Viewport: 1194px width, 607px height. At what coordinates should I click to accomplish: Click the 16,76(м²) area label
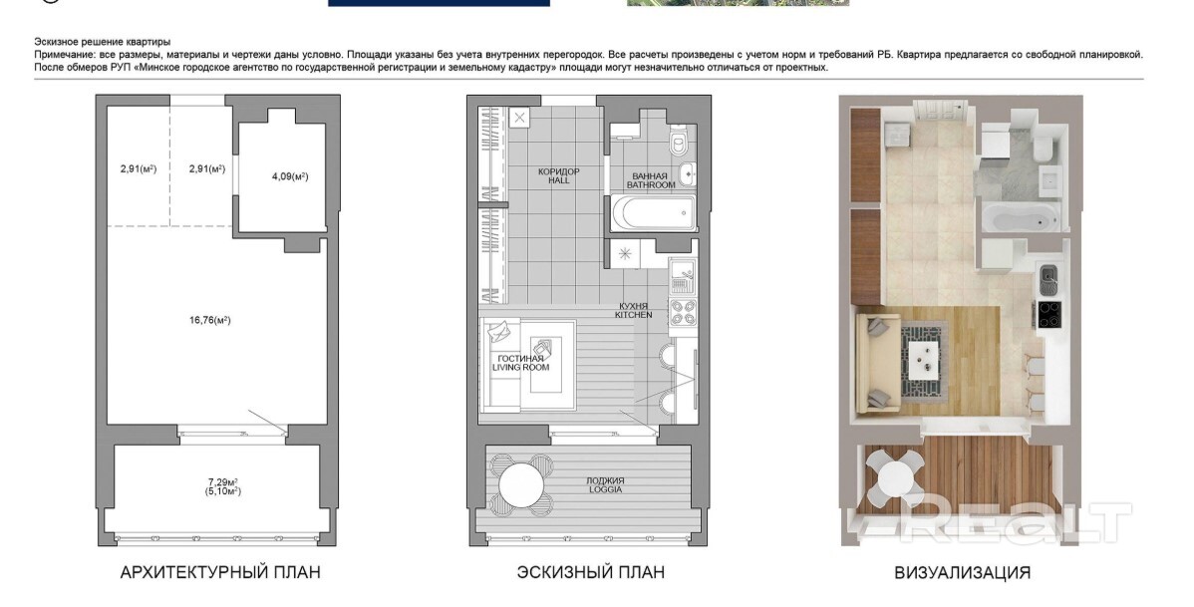pos(210,320)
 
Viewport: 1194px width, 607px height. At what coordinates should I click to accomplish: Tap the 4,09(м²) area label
pos(290,176)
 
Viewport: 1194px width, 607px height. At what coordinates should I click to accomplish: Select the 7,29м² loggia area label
pos(223,481)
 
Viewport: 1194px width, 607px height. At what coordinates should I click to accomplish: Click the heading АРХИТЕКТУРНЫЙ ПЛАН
pos(220,572)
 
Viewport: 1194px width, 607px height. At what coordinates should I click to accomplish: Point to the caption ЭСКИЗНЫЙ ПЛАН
pos(590,572)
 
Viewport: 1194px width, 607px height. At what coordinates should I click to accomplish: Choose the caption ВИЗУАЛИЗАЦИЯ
pos(963,572)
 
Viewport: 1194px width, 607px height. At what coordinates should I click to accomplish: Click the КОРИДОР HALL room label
pos(559,176)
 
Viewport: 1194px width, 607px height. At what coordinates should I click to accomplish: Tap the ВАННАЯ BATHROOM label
pos(651,180)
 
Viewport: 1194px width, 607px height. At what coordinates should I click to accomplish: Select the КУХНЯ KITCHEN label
pos(634,310)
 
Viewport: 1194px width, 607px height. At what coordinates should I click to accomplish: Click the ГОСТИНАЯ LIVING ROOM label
pos(521,363)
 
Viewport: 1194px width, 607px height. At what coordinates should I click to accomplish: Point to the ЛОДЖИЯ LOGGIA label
pos(605,485)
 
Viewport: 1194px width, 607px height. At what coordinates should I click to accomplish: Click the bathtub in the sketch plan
pos(654,214)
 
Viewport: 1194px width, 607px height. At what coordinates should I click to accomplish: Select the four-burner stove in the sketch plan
pos(683,314)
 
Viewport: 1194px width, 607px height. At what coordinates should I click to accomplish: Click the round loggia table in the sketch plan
pos(521,482)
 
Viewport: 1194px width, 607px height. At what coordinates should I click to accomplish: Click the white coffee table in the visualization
pos(925,354)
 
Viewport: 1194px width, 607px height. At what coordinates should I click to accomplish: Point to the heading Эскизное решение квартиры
pos(102,42)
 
